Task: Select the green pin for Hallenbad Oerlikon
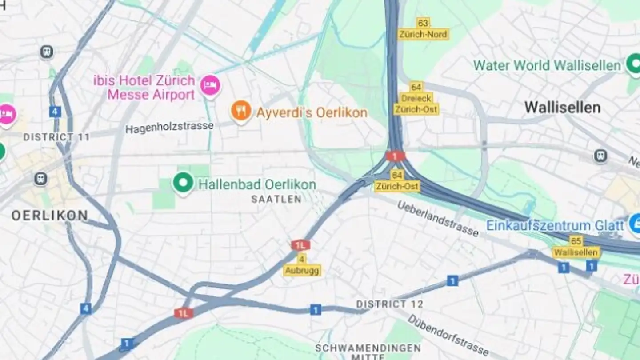coord(183,182)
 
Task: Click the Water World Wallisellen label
coord(547,66)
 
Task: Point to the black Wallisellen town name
coord(562,107)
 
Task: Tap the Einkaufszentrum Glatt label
coord(555,225)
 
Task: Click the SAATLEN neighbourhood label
coord(276,199)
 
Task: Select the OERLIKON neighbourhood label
coord(50,216)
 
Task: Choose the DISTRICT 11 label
coord(56,137)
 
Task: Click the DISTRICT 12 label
coord(390,304)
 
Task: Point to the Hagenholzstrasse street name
coord(169,127)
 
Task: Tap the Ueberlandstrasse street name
coord(438,219)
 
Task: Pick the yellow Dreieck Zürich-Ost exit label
coord(416,98)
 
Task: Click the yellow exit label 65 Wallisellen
coord(576,247)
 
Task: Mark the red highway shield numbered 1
coord(395,156)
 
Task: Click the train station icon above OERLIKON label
coord(40,179)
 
